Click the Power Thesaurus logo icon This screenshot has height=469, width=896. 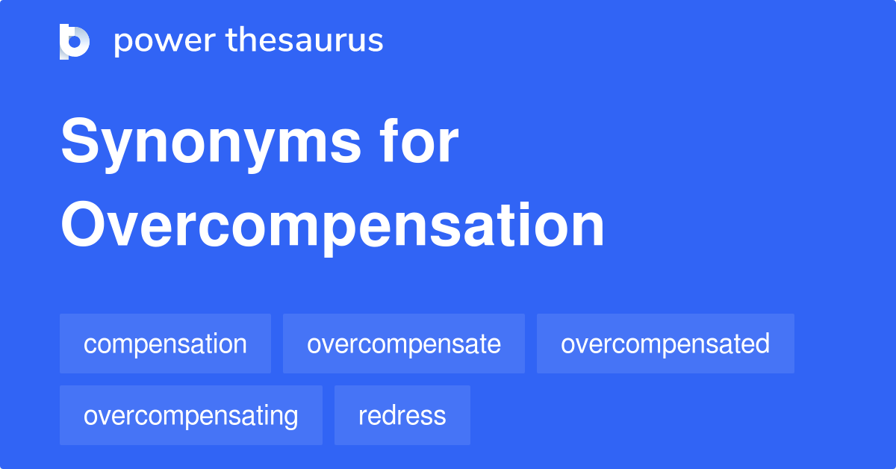[x=75, y=41]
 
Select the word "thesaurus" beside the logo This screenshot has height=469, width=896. [x=305, y=41]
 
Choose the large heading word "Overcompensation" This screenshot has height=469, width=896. [x=332, y=226]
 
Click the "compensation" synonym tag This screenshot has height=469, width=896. [x=165, y=344]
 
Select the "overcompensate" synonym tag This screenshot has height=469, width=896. [x=403, y=344]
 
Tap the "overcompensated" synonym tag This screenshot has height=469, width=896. [x=665, y=344]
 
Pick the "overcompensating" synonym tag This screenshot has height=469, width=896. [x=190, y=415]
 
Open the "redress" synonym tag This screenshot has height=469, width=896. [x=402, y=415]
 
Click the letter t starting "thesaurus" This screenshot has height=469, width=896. [x=232, y=41]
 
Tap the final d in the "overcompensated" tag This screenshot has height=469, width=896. [x=762, y=344]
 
